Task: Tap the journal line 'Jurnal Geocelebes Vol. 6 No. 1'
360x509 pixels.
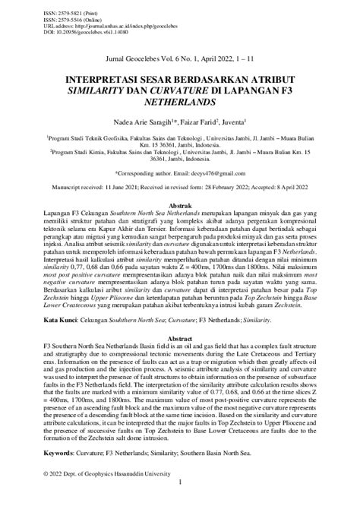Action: [x=179, y=58]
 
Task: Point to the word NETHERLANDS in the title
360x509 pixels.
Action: [x=180, y=100]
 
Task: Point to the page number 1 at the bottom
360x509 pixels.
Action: [x=180, y=493]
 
